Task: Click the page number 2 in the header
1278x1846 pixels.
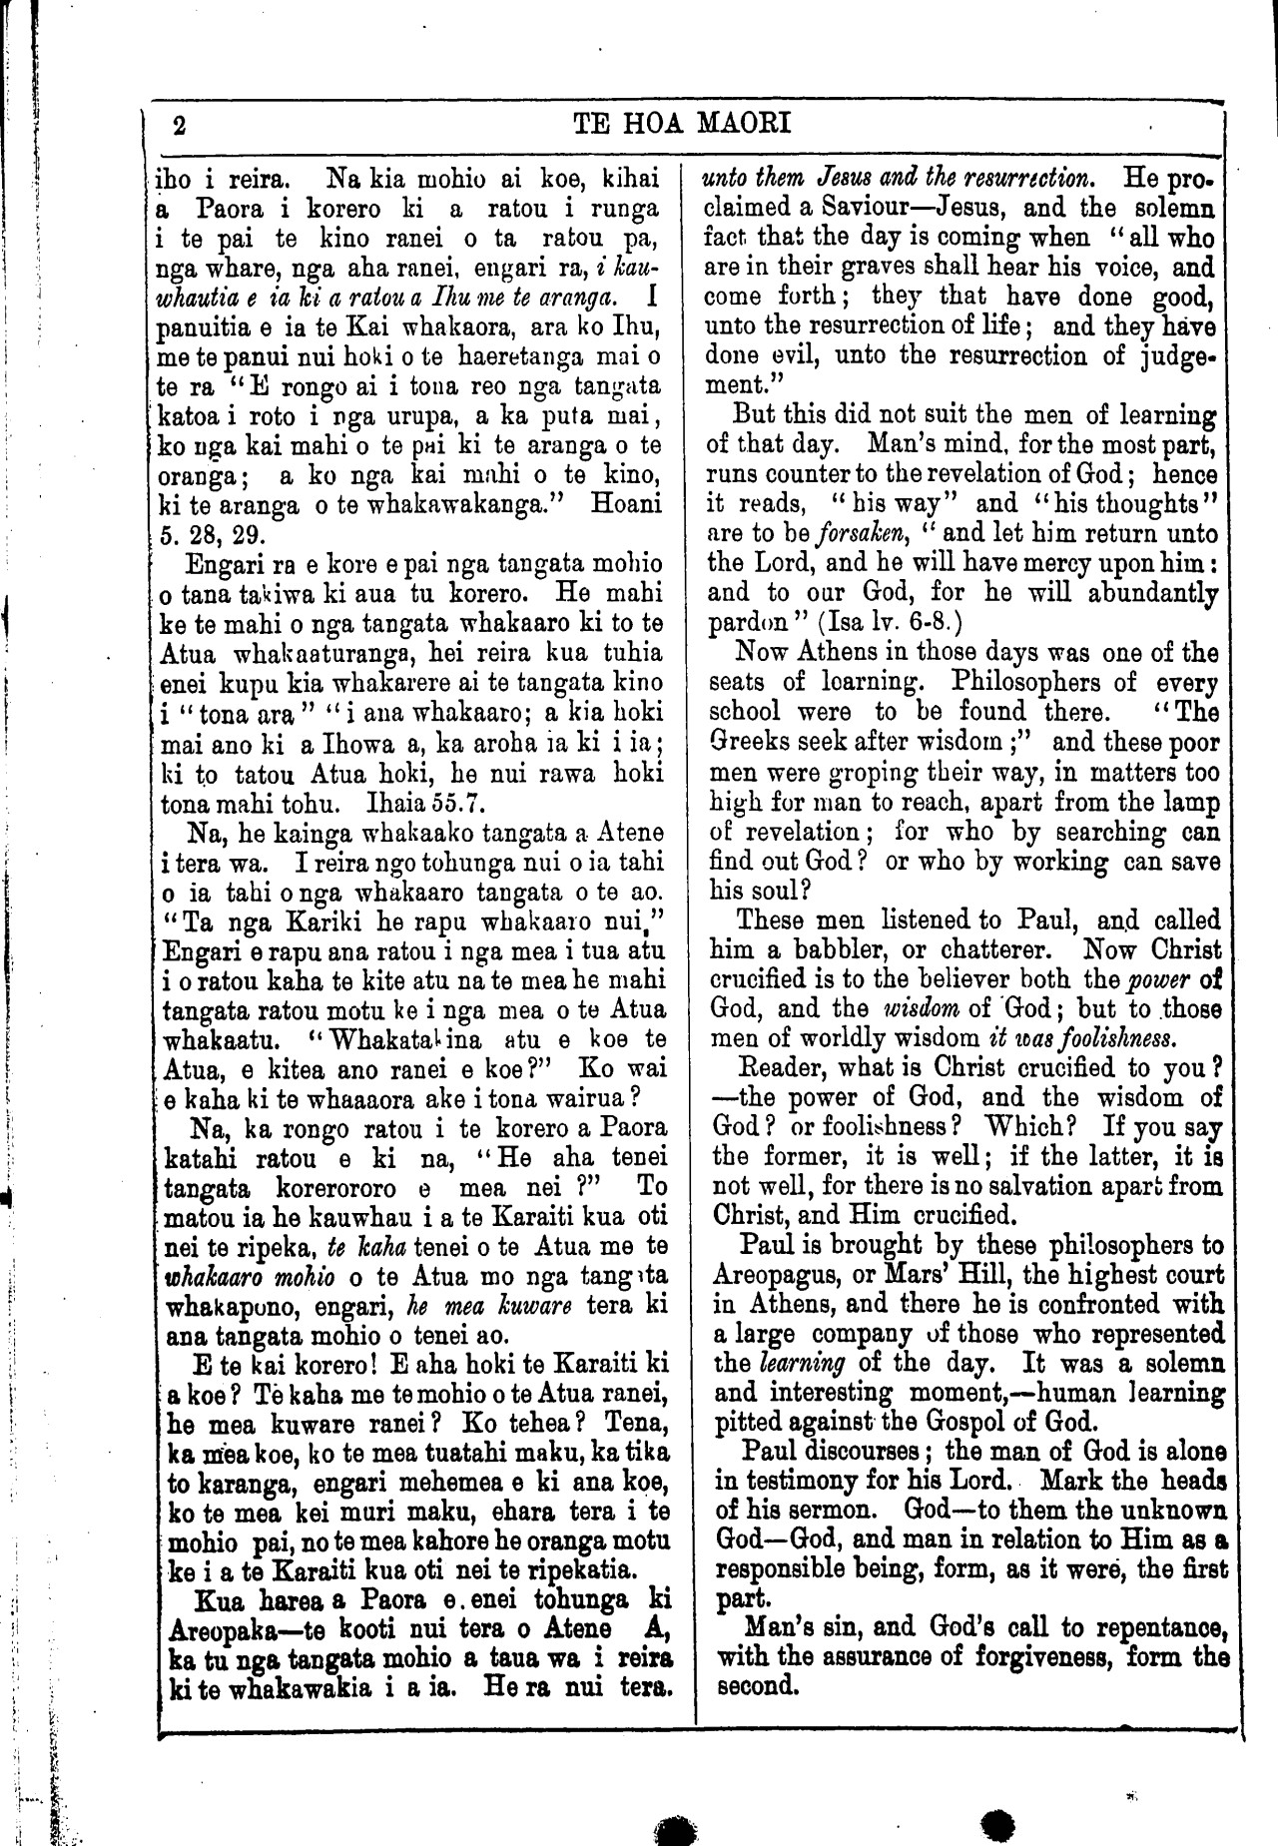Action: [x=180, y=126]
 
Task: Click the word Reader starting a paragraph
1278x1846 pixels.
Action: [x=778, y=1067]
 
